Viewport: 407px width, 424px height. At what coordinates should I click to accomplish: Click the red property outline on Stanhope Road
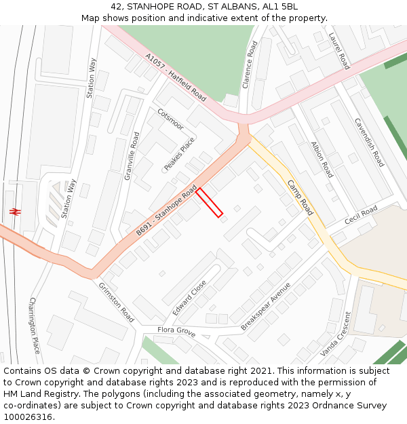[210, 203]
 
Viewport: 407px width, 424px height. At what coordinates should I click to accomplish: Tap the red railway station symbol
[14, 212]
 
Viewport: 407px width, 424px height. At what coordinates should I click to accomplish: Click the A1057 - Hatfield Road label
[176, 77]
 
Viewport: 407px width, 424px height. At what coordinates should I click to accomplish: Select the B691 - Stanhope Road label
[166, 210]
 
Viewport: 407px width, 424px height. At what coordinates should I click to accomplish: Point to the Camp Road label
[300, 197]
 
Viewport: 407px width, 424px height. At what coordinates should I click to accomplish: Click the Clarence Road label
[250, 64]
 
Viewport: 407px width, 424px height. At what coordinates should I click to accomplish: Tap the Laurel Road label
[338, 51]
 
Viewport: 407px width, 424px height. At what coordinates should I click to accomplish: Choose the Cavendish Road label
[369, 142]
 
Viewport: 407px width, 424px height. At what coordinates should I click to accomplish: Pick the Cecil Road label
[360, 216]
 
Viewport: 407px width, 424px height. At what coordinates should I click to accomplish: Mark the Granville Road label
[132, 155]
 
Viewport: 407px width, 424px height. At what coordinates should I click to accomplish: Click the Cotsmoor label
[170, 119]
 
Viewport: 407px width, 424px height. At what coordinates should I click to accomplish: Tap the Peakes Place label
[179, 154]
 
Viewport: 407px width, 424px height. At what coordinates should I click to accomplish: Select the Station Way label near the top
[92, 78]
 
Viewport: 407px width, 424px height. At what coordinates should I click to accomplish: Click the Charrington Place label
[35, 325]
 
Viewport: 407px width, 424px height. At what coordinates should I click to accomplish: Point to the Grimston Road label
[116, 303]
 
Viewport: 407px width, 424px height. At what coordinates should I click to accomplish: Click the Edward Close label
[189, 297]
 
